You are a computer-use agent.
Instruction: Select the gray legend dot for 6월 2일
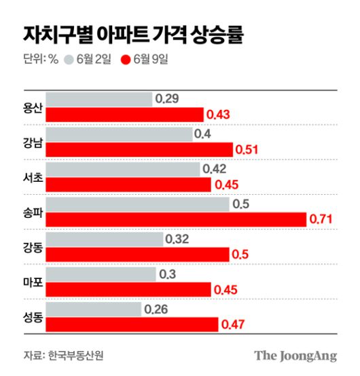point(69,59)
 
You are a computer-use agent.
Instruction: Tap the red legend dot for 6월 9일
point(125,59)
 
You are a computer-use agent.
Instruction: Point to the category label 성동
point(32,317)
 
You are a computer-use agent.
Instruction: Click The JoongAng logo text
point(295,356)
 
